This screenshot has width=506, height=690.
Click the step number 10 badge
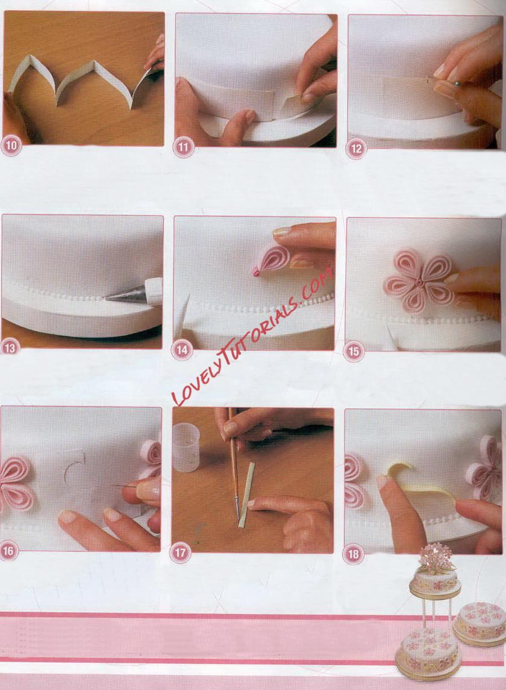click(x=11, y=146)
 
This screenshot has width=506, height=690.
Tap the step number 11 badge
click(x=183, y=147)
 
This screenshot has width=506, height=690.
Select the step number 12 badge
click(x=356, y=149)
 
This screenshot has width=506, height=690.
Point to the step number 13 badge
click(x=10, y=348)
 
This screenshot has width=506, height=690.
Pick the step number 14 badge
click(x=181, y=350)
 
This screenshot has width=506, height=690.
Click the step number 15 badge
click(x=354, y=351)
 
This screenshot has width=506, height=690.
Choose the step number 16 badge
click(x=8, y=550)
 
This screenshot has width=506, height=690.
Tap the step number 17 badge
click(x=180, y=552)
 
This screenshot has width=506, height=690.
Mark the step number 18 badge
click(x=353, y=554)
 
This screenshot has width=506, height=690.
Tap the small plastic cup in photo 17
click(x=186, y=447)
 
